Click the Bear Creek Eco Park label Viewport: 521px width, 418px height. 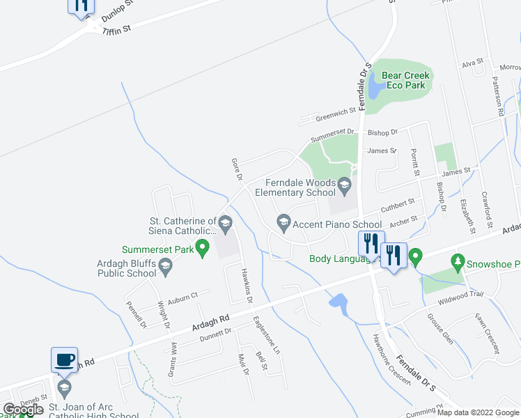pos(403,80)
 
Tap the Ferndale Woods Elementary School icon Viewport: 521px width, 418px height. pos(345,185)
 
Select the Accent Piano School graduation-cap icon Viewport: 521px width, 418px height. pos(283,224)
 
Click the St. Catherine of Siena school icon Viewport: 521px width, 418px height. pos(224,224)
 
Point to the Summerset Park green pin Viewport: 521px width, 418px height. pos(203,247)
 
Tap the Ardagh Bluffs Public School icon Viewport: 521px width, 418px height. pos(166,264)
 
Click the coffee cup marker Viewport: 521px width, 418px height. pos(65,359)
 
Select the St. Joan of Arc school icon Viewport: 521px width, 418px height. pos(64,387)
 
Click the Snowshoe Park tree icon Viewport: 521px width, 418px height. pos(458,263)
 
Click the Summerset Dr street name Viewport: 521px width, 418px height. pos(332,134)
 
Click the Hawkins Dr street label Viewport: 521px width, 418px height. pos(246,286)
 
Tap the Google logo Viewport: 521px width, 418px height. pos(23,410)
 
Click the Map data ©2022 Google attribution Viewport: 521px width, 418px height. pos(478,412)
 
